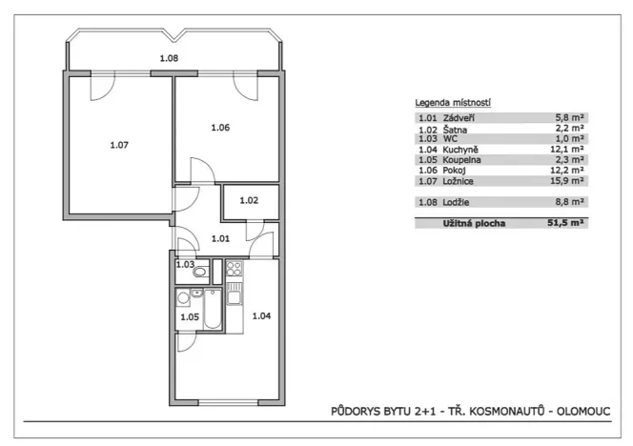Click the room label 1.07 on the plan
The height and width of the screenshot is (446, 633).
tap(119, 145)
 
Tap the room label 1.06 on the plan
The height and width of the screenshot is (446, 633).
tap(220, 128)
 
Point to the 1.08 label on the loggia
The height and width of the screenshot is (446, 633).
tap(168, 58)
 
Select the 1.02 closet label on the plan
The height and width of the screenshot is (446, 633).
tap(249, 200)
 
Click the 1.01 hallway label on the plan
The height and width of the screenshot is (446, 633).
tap(220, 239)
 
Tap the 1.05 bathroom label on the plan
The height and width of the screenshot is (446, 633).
tap(190, 316)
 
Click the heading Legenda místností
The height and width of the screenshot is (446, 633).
tap(452, 102)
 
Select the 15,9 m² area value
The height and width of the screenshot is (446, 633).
tap(571, 180)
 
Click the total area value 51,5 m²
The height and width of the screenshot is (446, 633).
tap(567, 222)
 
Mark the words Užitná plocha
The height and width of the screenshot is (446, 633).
tap(474, 222)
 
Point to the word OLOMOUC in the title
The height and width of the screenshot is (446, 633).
tap(583, 412)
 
